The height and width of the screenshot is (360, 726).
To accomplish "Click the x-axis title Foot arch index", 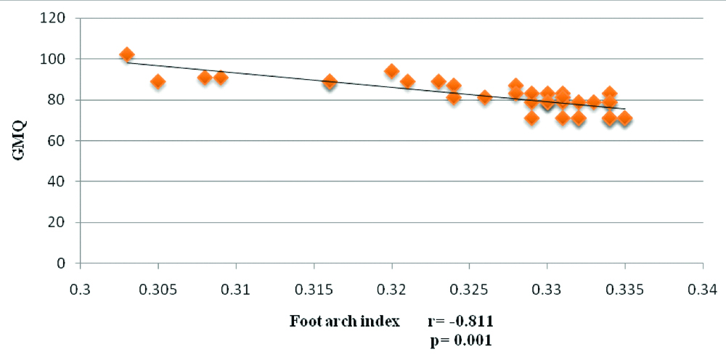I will pyautogui.click(x=345, y=321).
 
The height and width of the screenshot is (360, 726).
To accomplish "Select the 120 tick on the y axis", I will pyautogui.click(x=58, y=17).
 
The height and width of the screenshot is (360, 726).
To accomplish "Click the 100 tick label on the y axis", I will pyautogui.click(x=58, y=58).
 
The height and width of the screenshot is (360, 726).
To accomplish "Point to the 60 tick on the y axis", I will pyautogui.click(x=62, y=140).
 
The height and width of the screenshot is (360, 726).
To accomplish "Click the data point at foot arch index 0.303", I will pyautogui.click(x=127, y=54).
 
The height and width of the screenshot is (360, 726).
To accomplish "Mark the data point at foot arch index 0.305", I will pyautogui.click(x=158, y=81).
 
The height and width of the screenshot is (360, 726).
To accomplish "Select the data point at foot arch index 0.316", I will pyautogui.click(x=330, y=81).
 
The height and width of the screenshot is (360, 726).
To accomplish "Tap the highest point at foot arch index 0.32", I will pyautogui.click(x=392, y=71).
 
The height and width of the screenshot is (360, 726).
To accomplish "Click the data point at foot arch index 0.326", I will pyautogui.click(x=485, y=97).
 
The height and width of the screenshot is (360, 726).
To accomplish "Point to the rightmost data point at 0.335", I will pyautogui.click(x=624, y=118).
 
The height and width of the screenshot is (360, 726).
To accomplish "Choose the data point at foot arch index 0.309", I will pyautogui.click(x=221, y=77).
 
